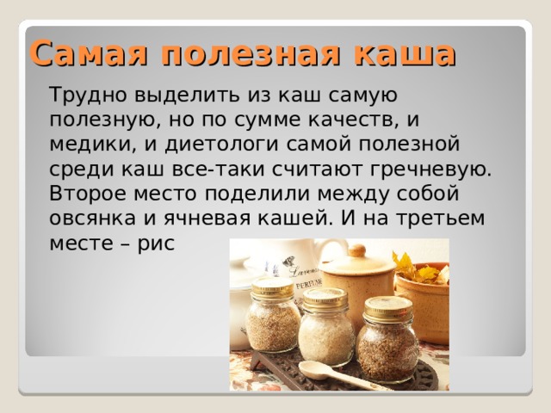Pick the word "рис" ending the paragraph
[x=157, y=243]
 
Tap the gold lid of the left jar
[x=271, y=287]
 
